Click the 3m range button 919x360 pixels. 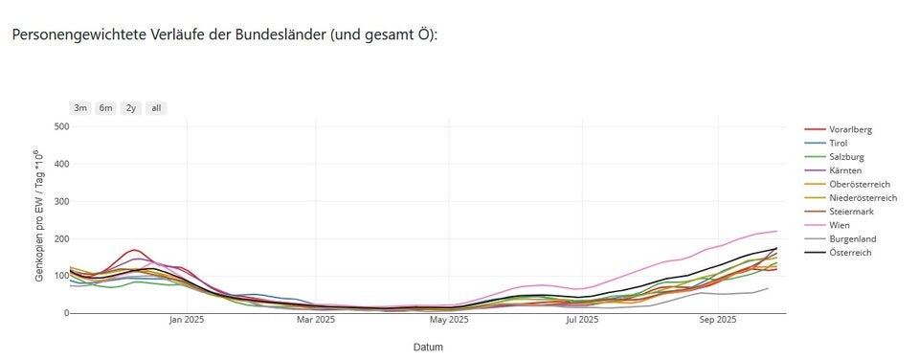coord(80,108)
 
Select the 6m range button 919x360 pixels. coord(105,108)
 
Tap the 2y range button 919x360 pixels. coord(130,108)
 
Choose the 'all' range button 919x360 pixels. coord(156,108)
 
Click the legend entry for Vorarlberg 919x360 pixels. coord(850,129)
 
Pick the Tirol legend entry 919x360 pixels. coord(838,143)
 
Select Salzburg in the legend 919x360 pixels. coord(844,156)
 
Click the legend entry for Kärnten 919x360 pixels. coord(844,170)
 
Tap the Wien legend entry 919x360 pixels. coord(838,225)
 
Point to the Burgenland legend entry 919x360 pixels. coord(852,238)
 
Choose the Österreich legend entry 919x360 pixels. coord(850,253)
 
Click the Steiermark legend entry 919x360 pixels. coord(850,212)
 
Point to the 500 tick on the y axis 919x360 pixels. coord(61,126)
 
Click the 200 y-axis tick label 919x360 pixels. coord(61,238)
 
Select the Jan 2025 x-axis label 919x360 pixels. coord(187,321)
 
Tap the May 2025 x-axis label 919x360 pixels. coord(450,321)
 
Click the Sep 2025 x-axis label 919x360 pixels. coord(713,321)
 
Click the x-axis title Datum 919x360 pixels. coord(428,347)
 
